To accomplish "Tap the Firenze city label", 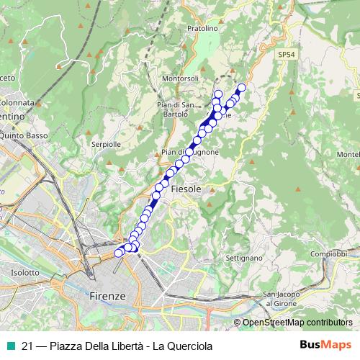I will point(107,296).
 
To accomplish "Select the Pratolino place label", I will point(201,29).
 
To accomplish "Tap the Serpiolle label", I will point(106,144).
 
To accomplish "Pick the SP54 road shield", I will point(287,54).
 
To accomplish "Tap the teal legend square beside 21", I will point(9,346).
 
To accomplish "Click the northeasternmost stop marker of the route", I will point(241,88).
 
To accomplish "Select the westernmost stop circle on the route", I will point(119,253).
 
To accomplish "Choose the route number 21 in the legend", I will point(28,346).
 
